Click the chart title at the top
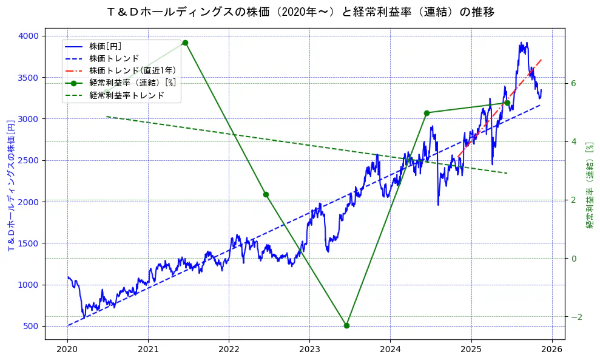click(300, 12)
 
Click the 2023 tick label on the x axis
click(309, 350)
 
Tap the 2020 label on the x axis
click(67, 350)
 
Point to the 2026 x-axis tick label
click(551, 350)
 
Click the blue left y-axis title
click(11, 186)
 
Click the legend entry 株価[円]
click(109, 46)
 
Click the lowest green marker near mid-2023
click(346, 325)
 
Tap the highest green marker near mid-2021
click(185, 42)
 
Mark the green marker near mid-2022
click(266, 194)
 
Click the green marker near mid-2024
click(426, 113)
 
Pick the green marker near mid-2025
click(507, 103)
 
